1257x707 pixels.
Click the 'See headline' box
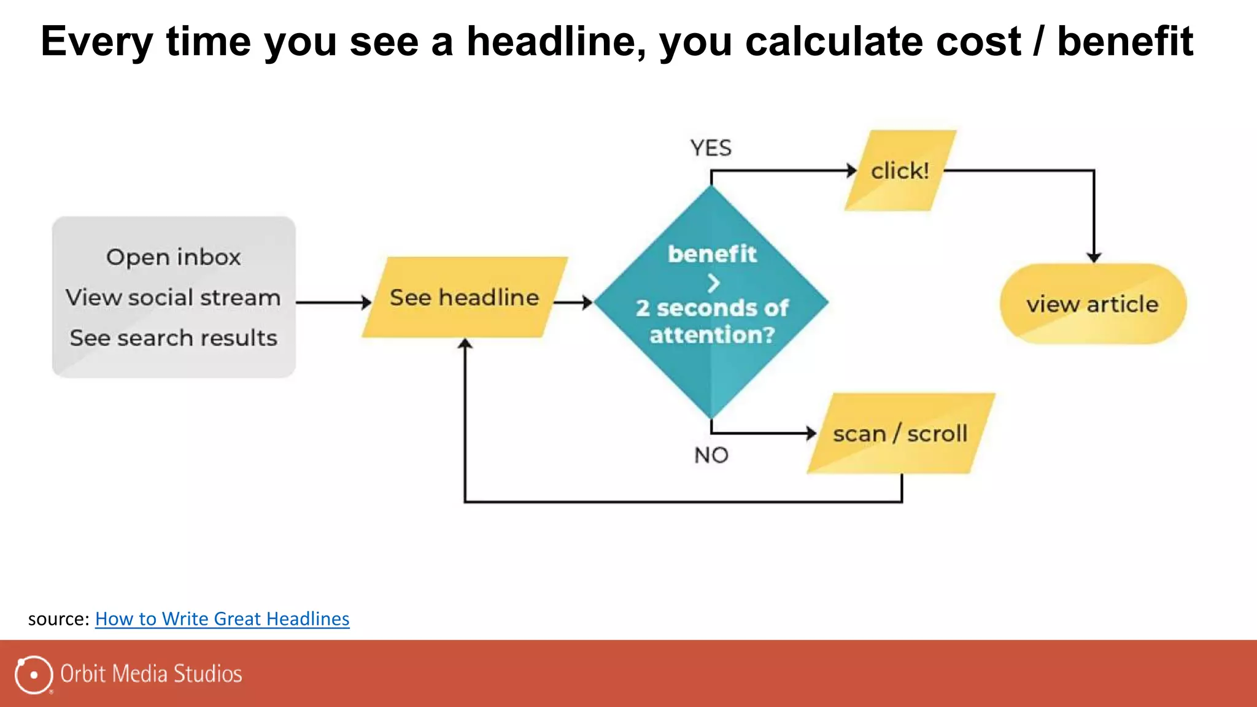point(465,298)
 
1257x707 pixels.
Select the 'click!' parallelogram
point(900,171)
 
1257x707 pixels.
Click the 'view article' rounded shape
point(1093,304)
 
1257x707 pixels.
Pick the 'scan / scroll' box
point(900,434)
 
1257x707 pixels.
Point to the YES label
point(711,148)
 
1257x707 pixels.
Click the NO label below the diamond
point(711,455)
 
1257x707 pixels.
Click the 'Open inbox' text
point(174,257)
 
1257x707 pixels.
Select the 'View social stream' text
point(173,298)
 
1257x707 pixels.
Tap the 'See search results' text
point(173,338)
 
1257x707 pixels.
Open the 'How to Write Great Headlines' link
point(222,619)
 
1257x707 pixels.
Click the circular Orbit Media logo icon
point(34,674)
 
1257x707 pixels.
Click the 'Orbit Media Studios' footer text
point(151,674)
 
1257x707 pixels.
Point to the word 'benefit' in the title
point(1125,42)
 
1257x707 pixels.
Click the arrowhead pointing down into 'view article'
point(1094,257)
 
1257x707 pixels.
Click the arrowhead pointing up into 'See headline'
point(465,344)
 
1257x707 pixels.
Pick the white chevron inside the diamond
point(713,284)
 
